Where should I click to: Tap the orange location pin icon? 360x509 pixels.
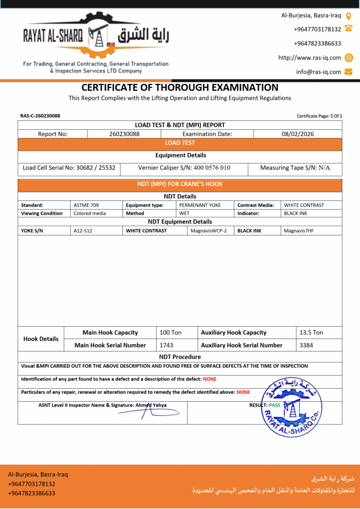(349, 16)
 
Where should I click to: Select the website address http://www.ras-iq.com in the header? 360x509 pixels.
(309, 58)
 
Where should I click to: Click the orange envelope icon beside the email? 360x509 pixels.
(349, 72)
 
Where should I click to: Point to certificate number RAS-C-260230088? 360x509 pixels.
(40, 116)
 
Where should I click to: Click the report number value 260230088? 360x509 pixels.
(124, 134)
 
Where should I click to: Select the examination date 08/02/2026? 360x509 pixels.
(297, 134)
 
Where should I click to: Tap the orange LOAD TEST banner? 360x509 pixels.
(180, 143)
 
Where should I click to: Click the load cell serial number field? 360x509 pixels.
(69, 168)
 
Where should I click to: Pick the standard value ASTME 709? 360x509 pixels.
(86, 205)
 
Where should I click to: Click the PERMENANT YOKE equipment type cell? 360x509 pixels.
(200, 205)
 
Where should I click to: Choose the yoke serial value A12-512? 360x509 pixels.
(83, 231)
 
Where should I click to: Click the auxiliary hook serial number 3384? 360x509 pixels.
(306, 345)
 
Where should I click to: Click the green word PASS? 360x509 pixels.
(274, 405)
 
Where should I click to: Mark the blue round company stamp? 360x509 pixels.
(291, 407)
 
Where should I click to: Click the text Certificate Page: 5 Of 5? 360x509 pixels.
(319, 116)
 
